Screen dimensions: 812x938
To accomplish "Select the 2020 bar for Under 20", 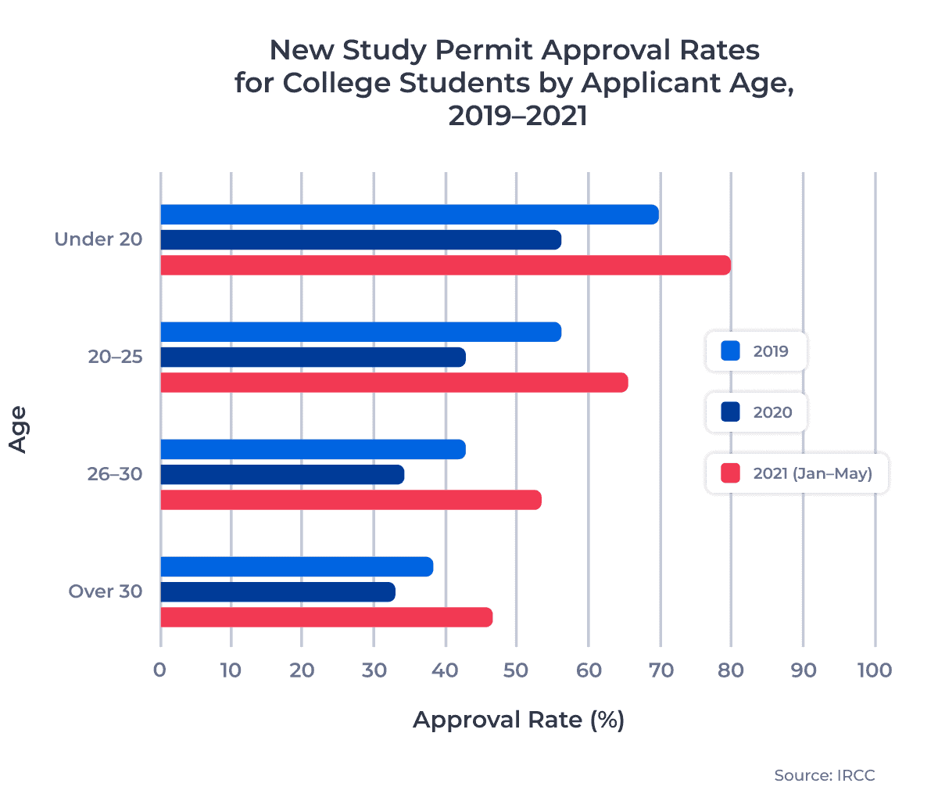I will click(360, 239).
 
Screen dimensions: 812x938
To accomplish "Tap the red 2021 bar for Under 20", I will click(445, 265).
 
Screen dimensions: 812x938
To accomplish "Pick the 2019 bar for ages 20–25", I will click(360, 332).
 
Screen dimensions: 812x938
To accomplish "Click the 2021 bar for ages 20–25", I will click(394, 383).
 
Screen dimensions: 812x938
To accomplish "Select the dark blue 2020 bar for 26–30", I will click(282, 475).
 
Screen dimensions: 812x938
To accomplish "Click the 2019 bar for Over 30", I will click(296, 566).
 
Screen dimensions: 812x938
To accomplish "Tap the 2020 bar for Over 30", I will click(277, 592).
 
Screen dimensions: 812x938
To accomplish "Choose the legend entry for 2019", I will click(756, 351).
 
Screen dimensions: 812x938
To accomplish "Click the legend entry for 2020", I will click(756, 412).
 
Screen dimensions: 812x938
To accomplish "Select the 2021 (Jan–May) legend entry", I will click(797, 473).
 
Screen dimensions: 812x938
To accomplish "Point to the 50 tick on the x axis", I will click(516, 670).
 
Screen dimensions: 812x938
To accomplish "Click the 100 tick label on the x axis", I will click(875, 670).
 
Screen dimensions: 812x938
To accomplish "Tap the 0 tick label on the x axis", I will click(160, 670).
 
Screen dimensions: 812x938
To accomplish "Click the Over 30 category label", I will click(106, 591).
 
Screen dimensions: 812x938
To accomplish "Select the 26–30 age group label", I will click(115, 474).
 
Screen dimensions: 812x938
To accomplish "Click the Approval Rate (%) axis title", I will click(518, 720).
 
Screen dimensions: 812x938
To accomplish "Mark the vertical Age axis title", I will click(18, 429).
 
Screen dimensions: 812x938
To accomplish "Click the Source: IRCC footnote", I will click(824, 775).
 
